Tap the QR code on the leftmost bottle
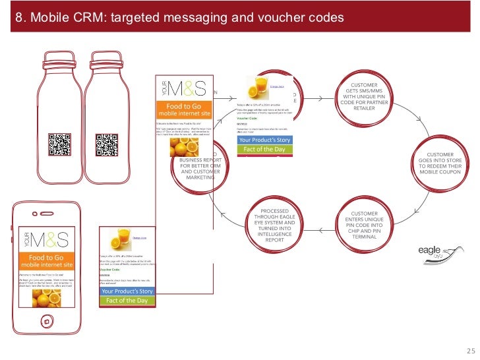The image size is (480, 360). pos(59,144)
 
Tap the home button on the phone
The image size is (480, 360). pos(46,322)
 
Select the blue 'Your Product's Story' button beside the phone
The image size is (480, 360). pos(127,291)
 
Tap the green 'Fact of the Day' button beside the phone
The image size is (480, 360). pos(127,301)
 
